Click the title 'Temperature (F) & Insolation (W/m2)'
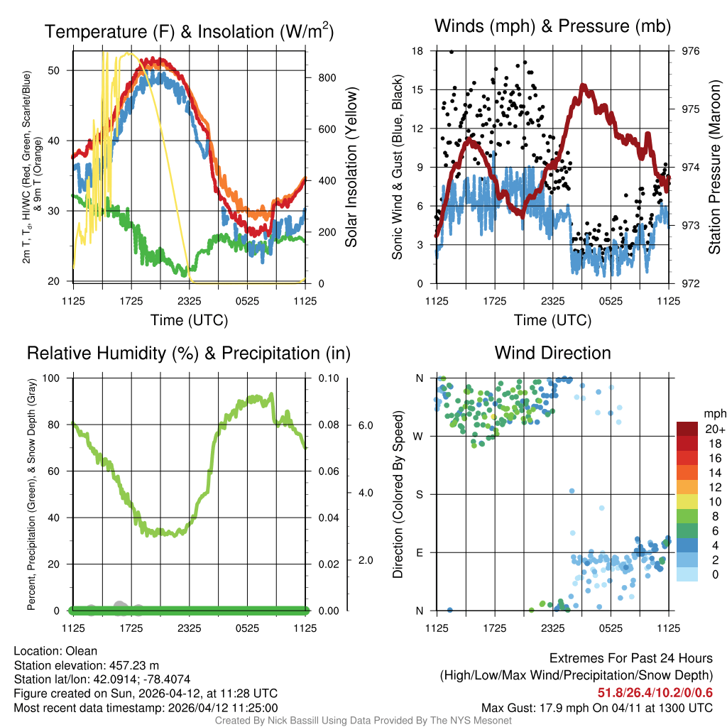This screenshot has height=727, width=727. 189,32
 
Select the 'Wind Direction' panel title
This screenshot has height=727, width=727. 552,353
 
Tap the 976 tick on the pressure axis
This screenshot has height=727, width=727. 690,51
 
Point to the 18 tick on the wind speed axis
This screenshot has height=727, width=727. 417,51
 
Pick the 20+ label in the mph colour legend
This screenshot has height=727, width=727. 714,430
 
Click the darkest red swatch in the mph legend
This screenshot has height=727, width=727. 689,429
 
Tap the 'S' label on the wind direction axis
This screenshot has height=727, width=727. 419,494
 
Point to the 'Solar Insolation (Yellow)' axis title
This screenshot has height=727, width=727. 351,168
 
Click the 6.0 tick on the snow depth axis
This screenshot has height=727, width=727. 364,425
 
